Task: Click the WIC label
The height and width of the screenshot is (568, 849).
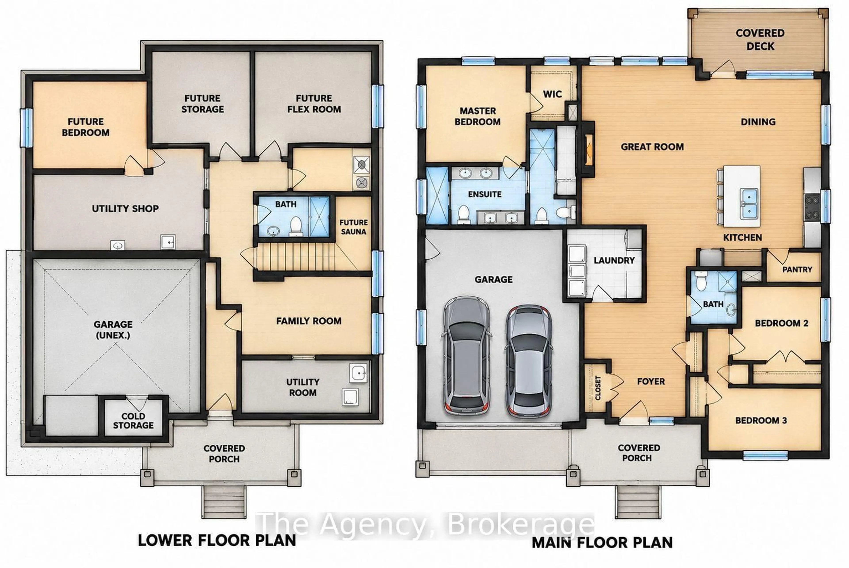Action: click(552, 94)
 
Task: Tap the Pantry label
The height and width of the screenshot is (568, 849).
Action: click(797, 269)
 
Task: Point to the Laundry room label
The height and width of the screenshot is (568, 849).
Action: click(614, 260)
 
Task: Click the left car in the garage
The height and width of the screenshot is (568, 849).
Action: click(466, 356)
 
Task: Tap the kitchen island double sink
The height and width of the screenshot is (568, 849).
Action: click(748, 204)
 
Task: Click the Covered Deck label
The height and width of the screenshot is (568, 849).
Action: click(760, 40)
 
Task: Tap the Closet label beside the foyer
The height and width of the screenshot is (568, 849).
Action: click(598, 388)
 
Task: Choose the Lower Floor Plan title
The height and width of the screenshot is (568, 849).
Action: click(217, 540)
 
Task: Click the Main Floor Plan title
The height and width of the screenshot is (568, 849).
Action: click(602, 543)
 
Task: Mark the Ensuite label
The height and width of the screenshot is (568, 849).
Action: click(485, 194)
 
